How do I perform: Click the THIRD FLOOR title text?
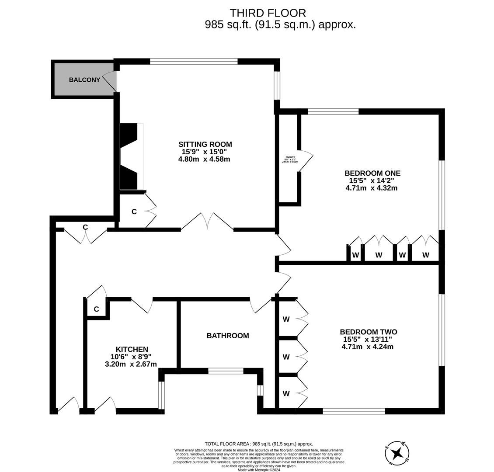point(268,13)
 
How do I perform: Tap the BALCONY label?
point(84,80)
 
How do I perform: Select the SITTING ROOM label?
point(205,144)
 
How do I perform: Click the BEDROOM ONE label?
point(372,173)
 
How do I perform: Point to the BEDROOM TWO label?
point(368,332)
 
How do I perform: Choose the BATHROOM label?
point(228,336)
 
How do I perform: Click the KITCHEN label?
point(132,349)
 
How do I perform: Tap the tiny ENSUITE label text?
point(290,157)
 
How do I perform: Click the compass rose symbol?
point(397,452)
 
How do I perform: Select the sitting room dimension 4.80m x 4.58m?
point(201,159)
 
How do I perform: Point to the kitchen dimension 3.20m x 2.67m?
point(131,364)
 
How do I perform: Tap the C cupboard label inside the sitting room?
point(134,212)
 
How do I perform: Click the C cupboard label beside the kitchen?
point(96,309)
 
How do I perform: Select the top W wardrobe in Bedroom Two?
point(286,319)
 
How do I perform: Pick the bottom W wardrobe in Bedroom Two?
point(286,393)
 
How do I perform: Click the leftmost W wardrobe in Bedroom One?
point(355,255)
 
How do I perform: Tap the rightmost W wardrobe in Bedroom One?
point(425,255)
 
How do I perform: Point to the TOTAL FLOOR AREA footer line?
point(259,444)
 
